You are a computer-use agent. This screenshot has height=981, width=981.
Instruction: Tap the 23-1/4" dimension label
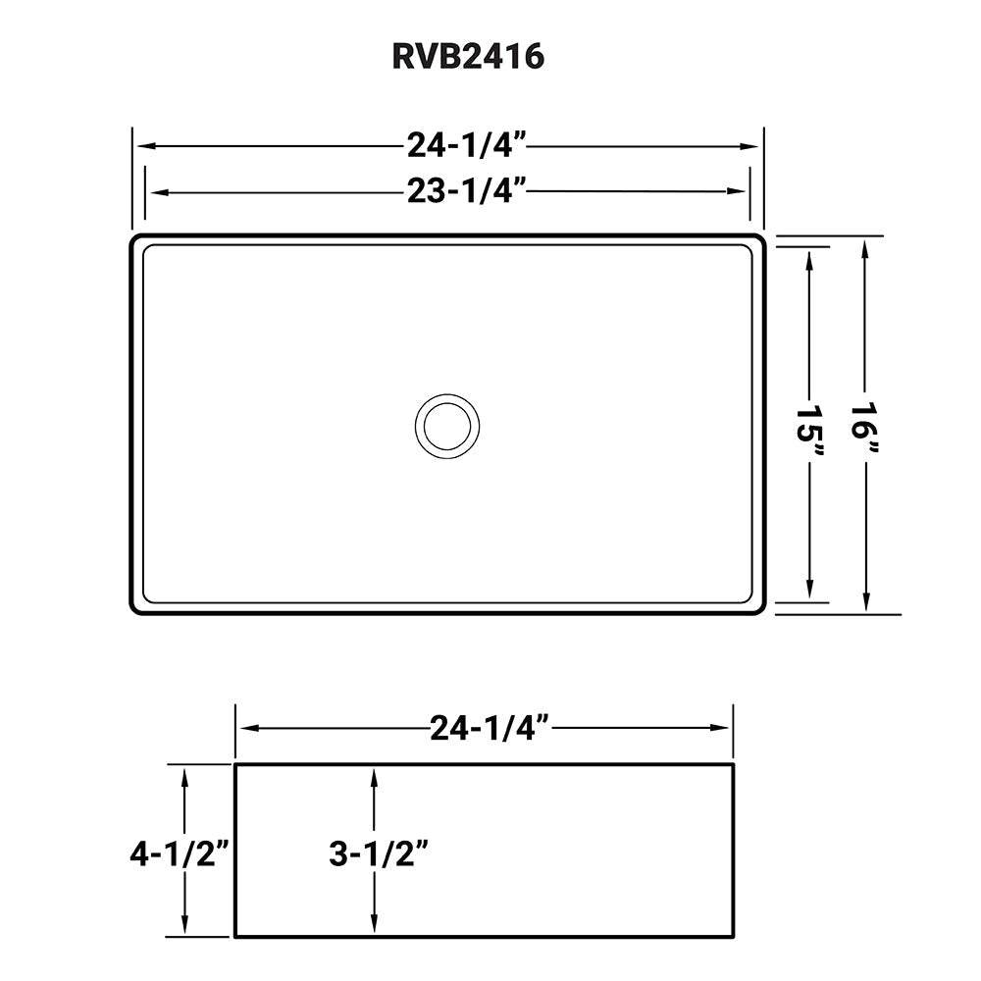468,191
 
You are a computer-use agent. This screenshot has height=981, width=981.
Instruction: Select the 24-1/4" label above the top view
468,146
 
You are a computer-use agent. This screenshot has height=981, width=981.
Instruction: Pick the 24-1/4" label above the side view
487,728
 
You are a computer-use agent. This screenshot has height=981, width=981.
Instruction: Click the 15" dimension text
810,430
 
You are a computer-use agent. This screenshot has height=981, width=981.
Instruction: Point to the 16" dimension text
864,428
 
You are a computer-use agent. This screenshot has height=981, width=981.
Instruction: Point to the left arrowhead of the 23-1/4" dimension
152,192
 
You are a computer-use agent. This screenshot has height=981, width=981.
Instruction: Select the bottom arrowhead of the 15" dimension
810,593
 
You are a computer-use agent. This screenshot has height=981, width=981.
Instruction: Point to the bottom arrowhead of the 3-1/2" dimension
373,928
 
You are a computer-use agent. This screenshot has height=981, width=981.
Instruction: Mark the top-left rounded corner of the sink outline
135,240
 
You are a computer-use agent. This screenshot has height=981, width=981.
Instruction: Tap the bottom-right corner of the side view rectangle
733,936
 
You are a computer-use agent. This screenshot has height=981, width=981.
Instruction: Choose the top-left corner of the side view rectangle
235,764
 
